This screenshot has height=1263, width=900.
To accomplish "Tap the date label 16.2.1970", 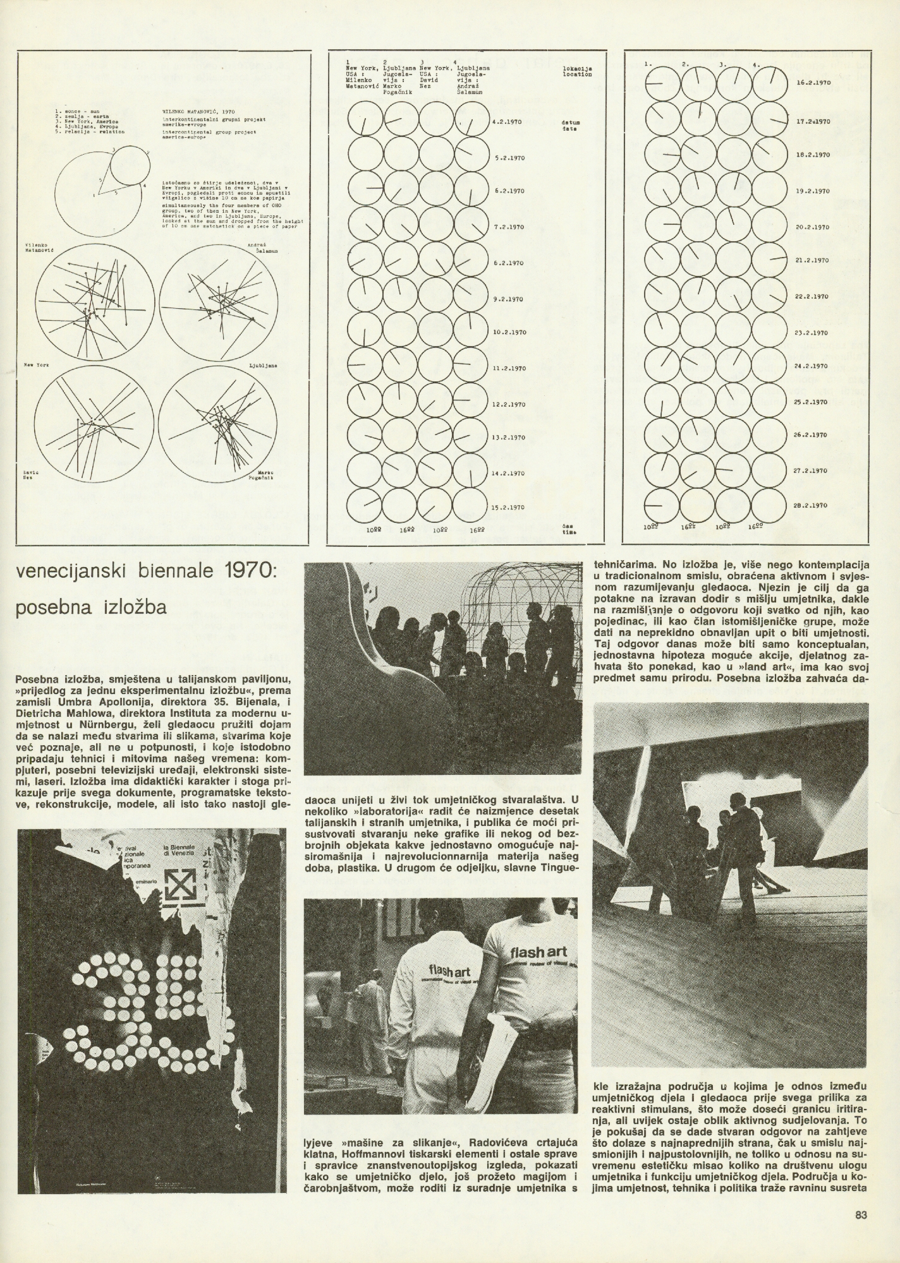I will (x=812, y=83).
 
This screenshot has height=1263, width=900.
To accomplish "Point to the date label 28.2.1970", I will (x=810, y=505).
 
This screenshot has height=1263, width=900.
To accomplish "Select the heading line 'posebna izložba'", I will (x=92, y=608).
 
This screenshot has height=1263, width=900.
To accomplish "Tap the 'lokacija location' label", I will (x=576, y=71).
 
